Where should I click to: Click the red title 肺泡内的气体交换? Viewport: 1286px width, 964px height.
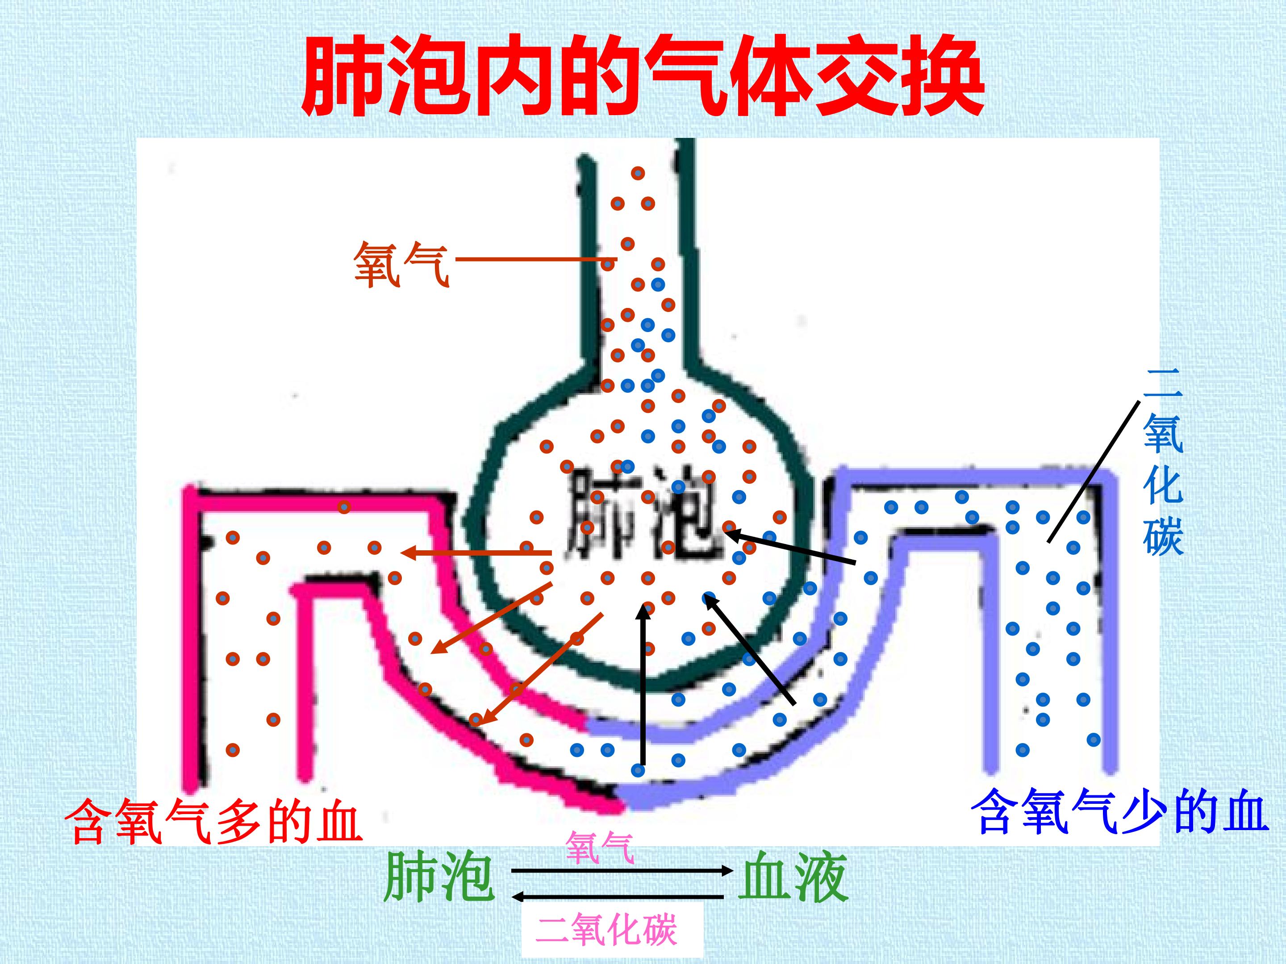[x=643, y=75]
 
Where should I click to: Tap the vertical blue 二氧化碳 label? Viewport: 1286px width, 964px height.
[x=1162, y=462]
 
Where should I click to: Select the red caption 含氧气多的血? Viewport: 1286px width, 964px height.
[x=213, y=822]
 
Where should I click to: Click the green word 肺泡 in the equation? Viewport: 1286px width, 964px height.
[x=439, y=877]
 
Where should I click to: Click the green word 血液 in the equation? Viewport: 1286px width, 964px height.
[x=793, y=877]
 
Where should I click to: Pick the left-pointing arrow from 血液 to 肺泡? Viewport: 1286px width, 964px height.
[x=618, y=897]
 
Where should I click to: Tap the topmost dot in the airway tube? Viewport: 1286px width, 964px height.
[x=638, y=173]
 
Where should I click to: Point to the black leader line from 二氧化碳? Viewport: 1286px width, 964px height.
[x=1093, y=471]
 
